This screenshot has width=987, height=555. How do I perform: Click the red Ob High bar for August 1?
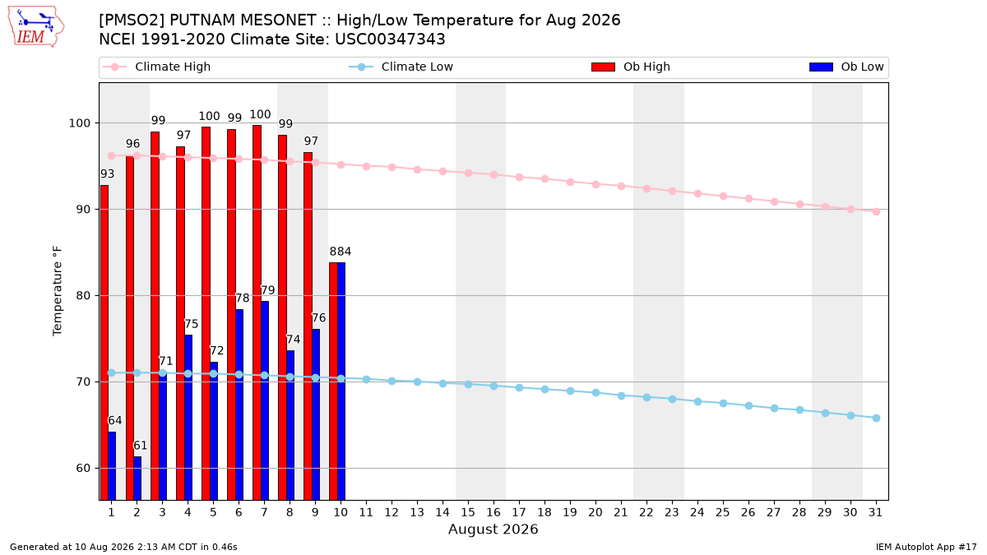tap(104, 342)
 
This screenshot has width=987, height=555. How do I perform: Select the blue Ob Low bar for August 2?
tap(137, 478)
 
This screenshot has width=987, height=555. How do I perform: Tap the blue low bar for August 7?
tap(265, 400)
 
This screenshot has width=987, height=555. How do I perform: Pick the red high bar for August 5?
tap(206, 313)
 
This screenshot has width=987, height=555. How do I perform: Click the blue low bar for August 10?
tap(341, 381)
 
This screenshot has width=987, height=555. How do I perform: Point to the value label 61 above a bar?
tap(140, 446)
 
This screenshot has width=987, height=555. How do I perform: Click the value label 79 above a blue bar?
tap(268, 290)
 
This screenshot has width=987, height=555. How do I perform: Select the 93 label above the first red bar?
tap(108, 174)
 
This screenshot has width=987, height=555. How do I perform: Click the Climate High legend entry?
tap(156, 67)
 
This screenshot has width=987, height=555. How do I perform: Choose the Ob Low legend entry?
tap(846, 67)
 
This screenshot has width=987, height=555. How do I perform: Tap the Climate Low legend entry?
tap(401, 67)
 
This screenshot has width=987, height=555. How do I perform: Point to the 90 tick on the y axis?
tap(83, 209)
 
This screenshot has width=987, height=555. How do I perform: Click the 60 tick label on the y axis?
tap(83, 468)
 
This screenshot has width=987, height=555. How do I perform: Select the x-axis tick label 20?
tap(595, 512)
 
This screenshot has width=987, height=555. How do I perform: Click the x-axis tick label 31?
tap(875, 512)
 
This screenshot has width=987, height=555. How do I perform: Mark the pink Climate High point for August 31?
tap(877, 211)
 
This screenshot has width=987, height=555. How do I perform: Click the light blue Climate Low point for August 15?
tap(468, 384)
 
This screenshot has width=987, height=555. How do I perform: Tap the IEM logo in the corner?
tap(35, 27)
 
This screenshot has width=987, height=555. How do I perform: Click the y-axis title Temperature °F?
tap(58, 291)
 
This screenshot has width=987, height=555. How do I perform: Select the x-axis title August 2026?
tap(493, 529)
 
